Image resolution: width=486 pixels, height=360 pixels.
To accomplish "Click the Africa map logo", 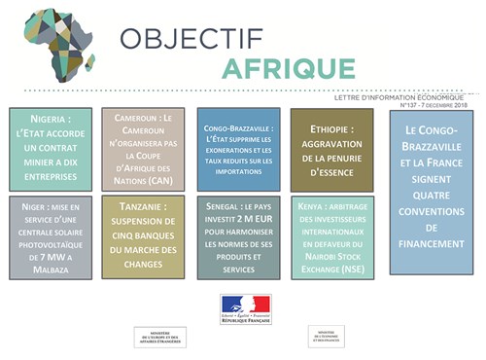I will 60,45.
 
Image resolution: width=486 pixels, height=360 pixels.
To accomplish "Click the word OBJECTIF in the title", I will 192,39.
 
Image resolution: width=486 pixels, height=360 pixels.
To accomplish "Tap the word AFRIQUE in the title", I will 289,70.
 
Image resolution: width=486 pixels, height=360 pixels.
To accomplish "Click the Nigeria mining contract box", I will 51,149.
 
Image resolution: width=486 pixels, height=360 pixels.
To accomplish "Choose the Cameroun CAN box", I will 144,149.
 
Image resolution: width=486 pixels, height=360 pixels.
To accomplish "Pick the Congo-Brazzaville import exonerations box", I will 238,149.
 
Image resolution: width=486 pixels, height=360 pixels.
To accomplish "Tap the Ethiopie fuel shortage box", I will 331,149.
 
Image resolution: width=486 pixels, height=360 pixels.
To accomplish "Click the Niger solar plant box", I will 51,237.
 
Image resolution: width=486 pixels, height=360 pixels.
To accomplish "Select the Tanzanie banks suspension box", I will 144,237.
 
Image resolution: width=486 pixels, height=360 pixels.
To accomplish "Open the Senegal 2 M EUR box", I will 238,237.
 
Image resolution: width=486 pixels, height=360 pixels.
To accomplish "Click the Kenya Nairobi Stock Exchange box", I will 331,237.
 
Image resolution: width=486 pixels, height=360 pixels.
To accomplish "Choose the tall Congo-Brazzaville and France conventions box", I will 432,192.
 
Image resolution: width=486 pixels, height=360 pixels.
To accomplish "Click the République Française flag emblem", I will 246,309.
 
